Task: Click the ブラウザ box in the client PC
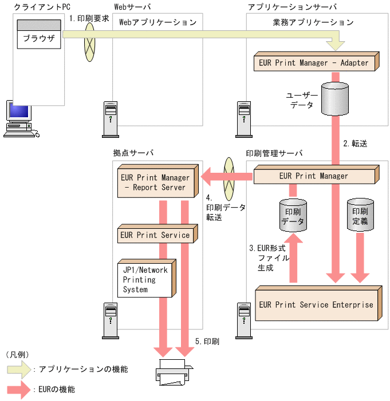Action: pyautogui.click(x=39, y=39)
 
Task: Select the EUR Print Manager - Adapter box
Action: pyautogui.click(x=314, y=62)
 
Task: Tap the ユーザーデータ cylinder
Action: pyautogui.click(x=336, y=99)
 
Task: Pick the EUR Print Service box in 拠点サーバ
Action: pyautogui.click(x=155, y=235)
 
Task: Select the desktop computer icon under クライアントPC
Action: pyautogui.click(x=18, y=118)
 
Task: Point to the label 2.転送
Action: pyautogui.click(x=355, y=144)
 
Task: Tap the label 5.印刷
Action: pyautogui.click(x=207, y=342)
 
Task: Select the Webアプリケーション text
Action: pyautogui.click(x=157, y=23)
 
